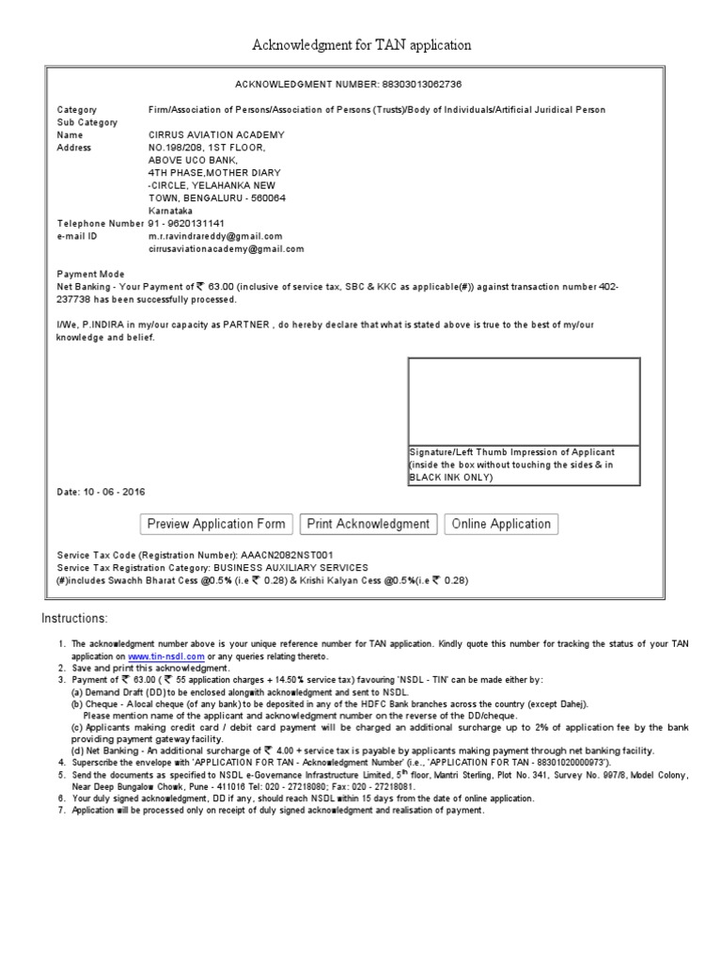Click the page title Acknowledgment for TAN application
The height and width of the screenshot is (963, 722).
[361, 45]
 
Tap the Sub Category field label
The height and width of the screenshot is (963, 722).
[87, 122]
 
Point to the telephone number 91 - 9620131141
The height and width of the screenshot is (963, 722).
[187, 224]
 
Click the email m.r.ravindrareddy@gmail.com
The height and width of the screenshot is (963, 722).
[215, 237]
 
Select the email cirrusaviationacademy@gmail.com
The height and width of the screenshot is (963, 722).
[227, 249]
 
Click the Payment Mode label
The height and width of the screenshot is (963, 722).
[91, 275]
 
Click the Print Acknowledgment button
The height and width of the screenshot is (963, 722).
[369, 524]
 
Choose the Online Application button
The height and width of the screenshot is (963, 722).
[501, 524]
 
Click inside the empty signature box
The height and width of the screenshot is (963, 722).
[524, 400]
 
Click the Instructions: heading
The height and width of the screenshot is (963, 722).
[75, 618]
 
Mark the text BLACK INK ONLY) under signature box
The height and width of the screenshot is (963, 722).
[449, 478]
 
